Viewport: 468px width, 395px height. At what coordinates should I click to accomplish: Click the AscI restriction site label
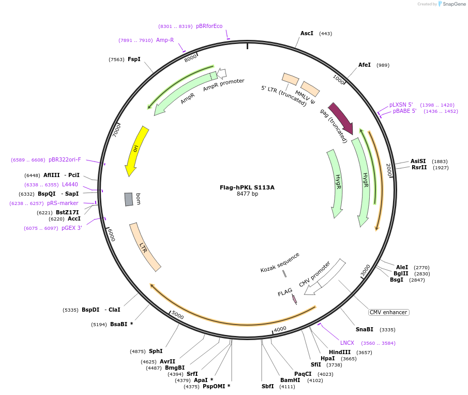pos(307,33)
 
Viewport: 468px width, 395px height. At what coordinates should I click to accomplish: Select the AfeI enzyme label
pos(365,65)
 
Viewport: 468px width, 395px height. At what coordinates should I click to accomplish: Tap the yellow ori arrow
pos(135,150)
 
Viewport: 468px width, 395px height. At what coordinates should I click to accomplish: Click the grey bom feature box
pos(129,199)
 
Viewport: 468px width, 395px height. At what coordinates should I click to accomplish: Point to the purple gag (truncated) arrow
pos(340,118)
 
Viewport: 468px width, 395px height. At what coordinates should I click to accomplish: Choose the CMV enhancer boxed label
pos(388,312)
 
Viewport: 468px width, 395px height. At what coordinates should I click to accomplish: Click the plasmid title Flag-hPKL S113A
pos(247,187)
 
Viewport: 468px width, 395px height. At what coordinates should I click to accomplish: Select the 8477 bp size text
pos(247,194)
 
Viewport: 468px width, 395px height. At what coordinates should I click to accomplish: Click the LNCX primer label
pos(347,343)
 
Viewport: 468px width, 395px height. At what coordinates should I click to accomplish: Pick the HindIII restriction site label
pos(340,352)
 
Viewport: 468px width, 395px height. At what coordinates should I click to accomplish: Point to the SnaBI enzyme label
pos(364,329)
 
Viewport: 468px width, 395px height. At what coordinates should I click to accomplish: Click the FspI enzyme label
pos(134,59)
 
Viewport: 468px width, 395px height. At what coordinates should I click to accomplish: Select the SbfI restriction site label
pos(268,386)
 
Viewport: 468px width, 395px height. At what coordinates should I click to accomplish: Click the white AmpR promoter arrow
pos(222,74)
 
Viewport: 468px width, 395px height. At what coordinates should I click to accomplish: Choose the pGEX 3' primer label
pos(72,228)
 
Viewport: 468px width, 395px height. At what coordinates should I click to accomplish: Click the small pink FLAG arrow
pos(294,299)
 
